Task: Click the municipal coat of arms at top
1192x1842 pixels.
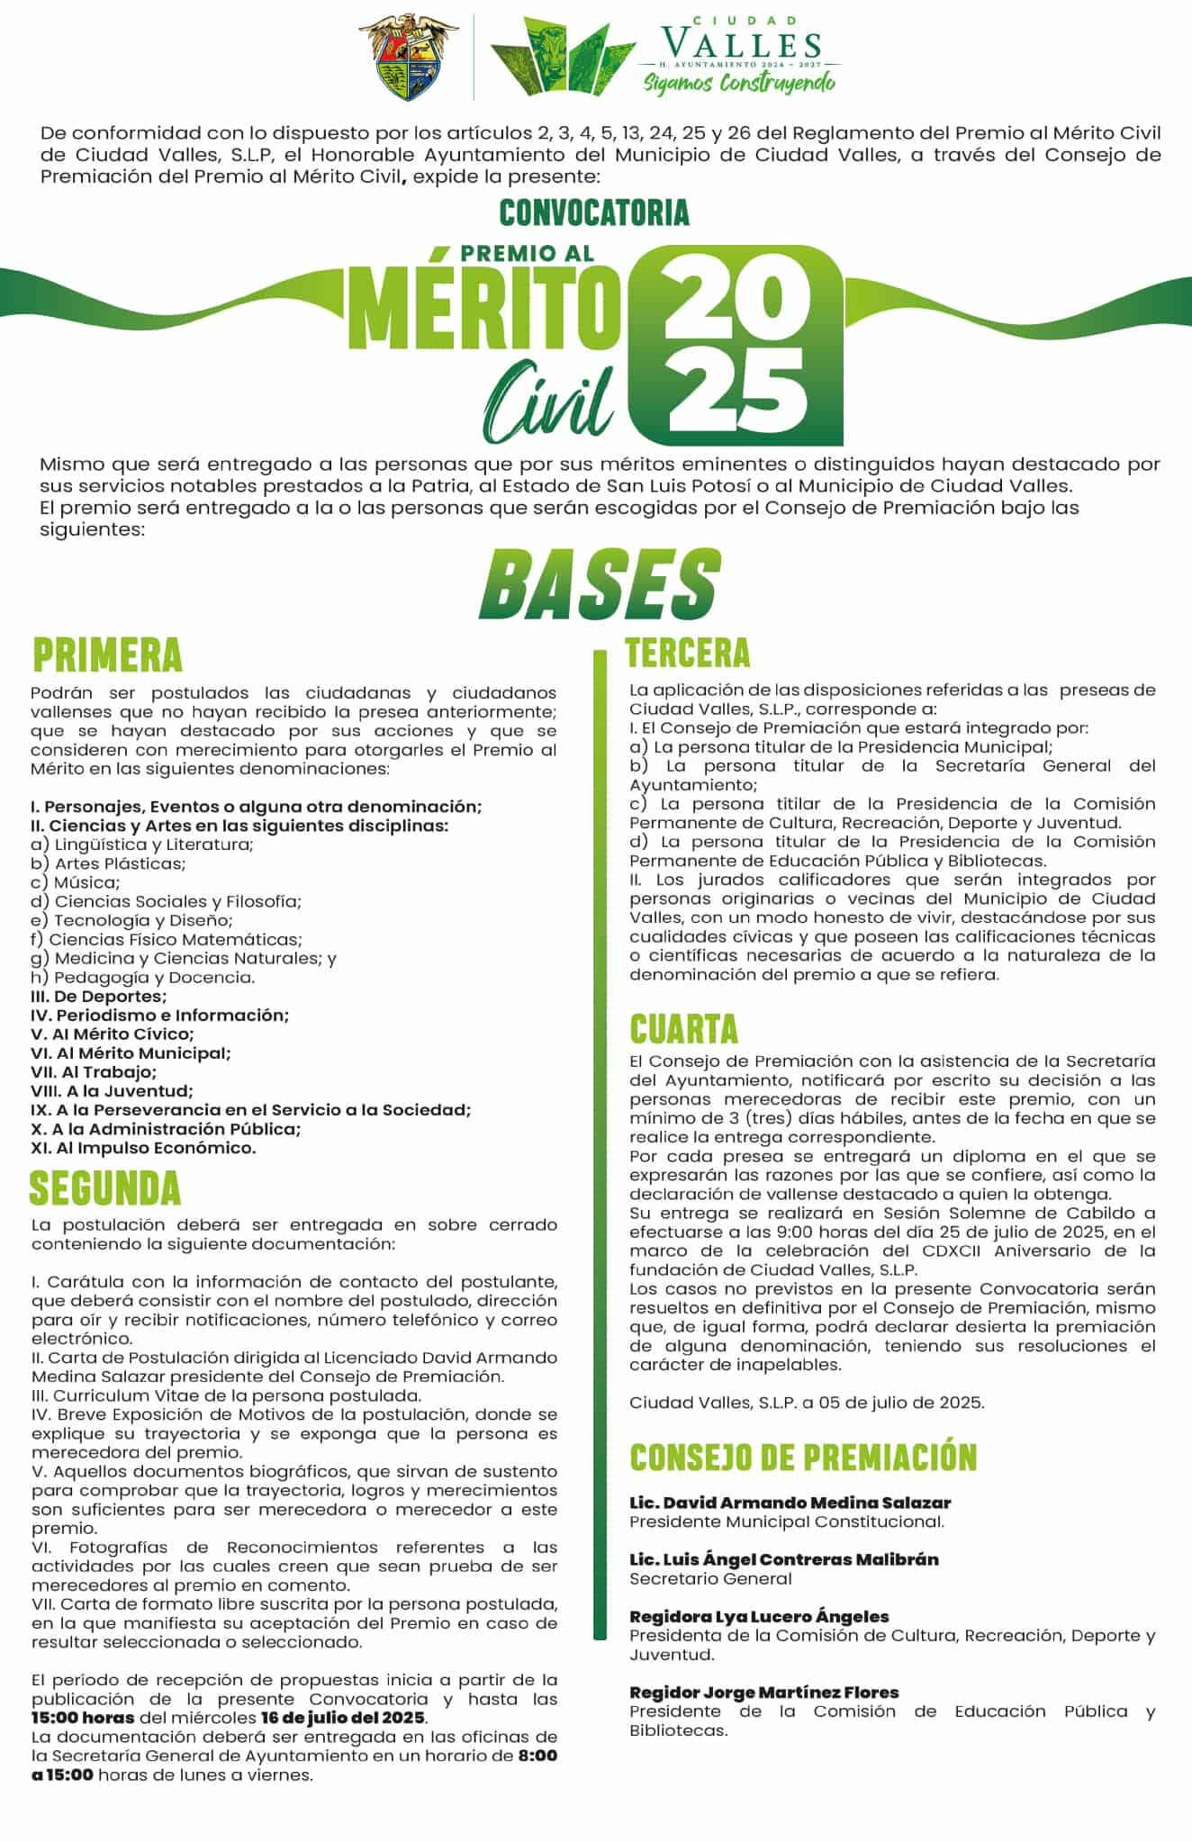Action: (408, 56)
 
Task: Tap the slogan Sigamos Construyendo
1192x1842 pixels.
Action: (738, 83)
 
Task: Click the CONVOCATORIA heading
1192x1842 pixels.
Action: (594, 212)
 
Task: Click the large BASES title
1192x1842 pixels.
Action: (599, 584)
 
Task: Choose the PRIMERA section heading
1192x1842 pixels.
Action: (107, 655)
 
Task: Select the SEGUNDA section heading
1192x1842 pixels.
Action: (105, 1188)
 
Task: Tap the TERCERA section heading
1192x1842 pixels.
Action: (688, 653)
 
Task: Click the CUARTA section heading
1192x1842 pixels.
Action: (683, 1028)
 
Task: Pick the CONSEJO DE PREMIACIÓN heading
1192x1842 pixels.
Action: (803, 1458)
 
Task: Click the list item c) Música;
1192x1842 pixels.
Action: (75, 882)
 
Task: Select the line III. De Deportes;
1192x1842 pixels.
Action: (98, 996)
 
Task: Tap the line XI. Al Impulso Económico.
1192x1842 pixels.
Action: (143, 1148)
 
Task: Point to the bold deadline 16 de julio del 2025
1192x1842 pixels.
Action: (343, 1718)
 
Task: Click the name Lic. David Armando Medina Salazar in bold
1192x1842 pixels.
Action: (790, 1503)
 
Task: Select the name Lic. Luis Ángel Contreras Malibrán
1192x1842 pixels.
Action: (783, 1559)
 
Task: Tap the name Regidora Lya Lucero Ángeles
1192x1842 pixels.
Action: (759, 1616)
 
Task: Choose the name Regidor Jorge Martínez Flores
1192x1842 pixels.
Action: (763, 1693)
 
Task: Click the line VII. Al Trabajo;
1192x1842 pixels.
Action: (94, 1071)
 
